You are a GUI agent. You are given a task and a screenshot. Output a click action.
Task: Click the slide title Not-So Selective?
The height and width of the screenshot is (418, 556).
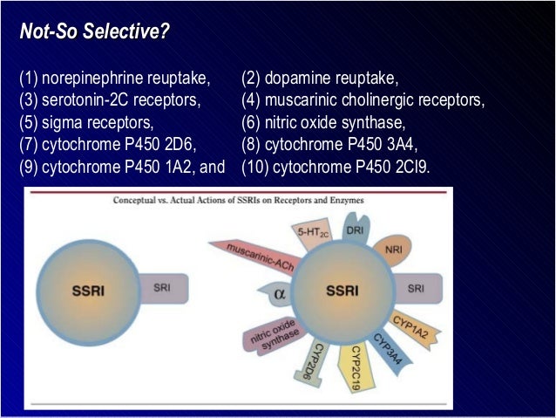point(95,34)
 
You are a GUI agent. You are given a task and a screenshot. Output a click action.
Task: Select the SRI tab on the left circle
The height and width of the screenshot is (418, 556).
point(162,286)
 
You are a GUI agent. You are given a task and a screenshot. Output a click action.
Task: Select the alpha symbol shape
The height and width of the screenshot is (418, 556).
point(278,294)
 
